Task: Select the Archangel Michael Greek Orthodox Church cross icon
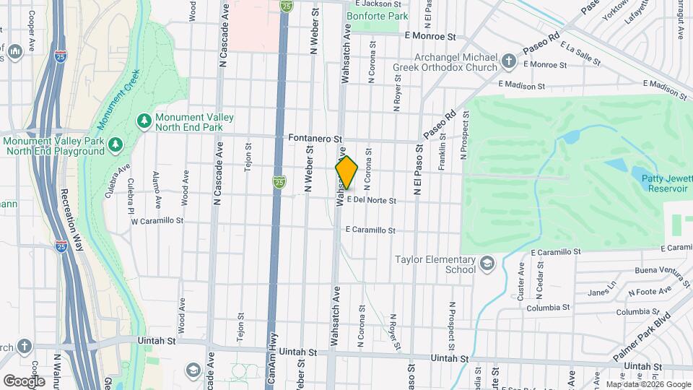pos(509,61)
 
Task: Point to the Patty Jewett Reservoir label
pos(659,182)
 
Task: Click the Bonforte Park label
pos(377,15)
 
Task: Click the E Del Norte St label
pos(372,200)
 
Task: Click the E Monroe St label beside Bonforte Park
pos(431,35)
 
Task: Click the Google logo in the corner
pos(24,381)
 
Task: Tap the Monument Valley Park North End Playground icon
pos(115,146)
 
